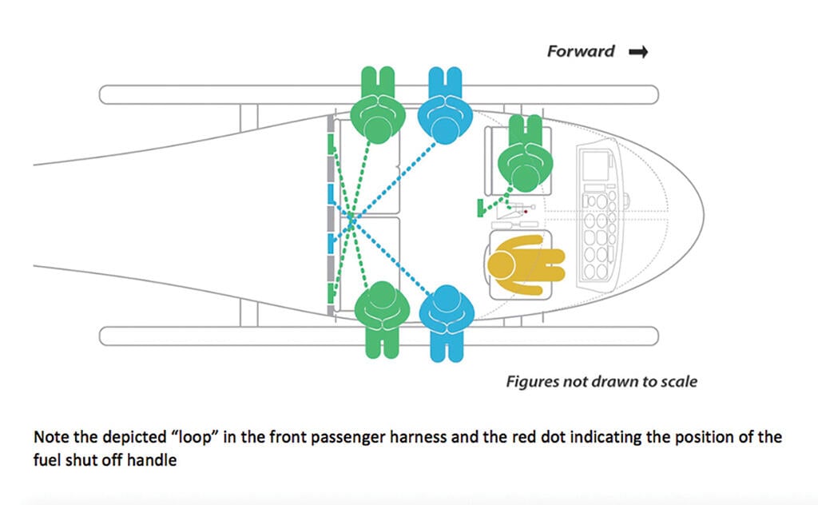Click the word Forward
(581, 51)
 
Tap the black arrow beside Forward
(638, 52)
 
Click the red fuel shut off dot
(526, 212)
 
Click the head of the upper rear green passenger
(378, 129)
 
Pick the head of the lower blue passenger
(447, 299)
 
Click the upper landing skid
(379, 95)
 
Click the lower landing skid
(379, 336)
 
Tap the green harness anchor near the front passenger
(480, 208)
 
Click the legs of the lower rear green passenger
(382, 342)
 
